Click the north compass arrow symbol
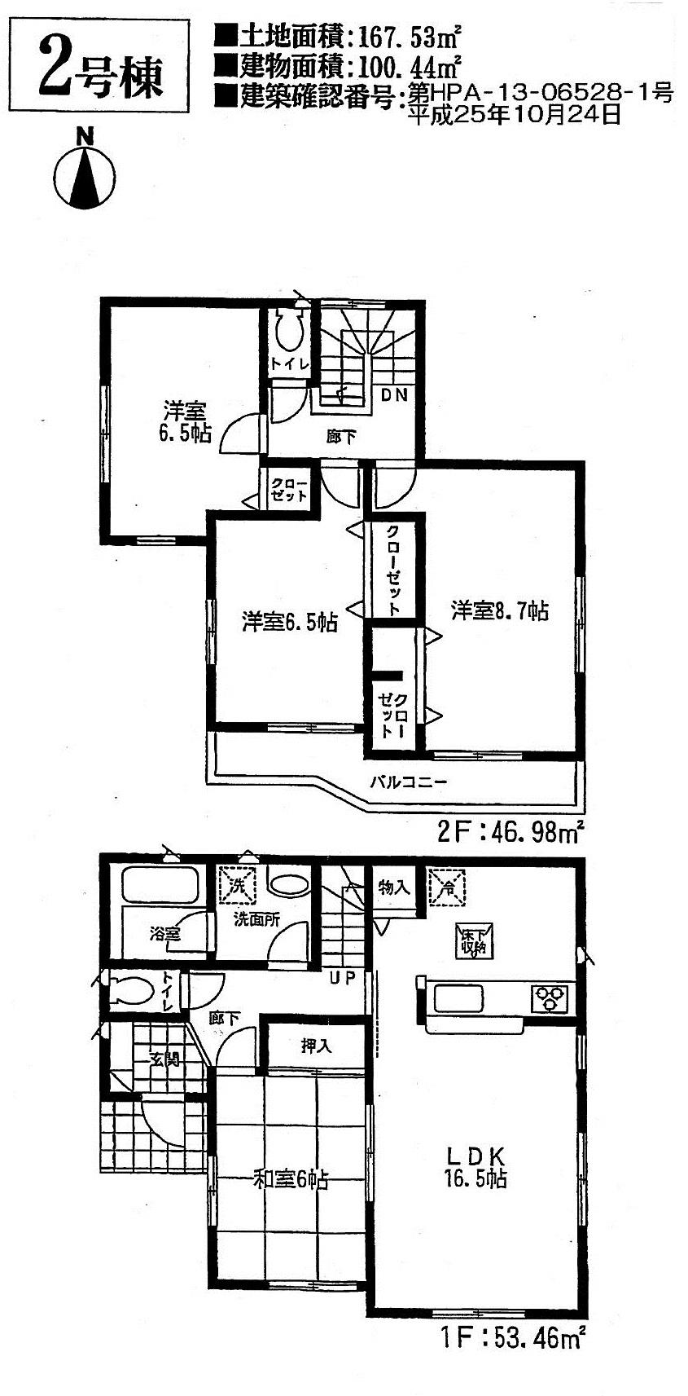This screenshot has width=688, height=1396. pos(85,175)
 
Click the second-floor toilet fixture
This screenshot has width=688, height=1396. pos(289,332)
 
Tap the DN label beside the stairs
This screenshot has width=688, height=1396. pos(395,395)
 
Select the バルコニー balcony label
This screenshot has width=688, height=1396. pos(409,782)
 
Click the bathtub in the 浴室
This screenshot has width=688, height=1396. pos(160,886)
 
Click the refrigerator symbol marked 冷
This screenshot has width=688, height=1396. pos(446,887)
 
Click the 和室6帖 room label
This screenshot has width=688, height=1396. pos(291,1179)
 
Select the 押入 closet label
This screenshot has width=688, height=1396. pos(317,1046)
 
